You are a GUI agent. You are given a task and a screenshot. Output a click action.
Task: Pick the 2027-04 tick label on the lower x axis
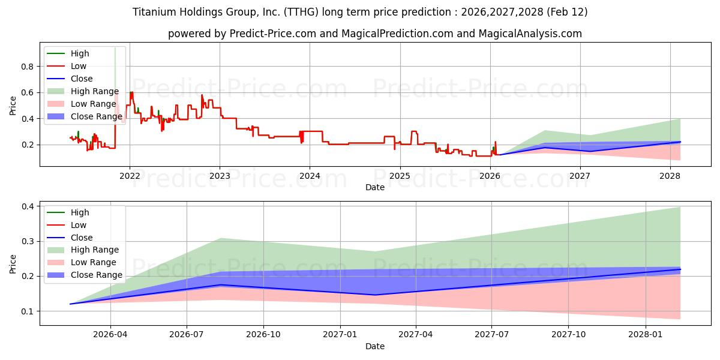(x=416, y=335)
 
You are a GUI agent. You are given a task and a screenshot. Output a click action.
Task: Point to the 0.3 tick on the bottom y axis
(x=28, y=241)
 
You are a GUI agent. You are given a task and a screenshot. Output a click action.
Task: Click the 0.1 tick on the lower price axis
(x=28, y=311)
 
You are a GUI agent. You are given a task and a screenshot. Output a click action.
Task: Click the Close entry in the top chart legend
(x=82, y=79)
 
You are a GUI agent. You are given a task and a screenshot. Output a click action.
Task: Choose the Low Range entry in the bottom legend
(x=94, y=262)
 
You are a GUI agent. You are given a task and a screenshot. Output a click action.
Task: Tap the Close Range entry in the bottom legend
(x=97, y=275)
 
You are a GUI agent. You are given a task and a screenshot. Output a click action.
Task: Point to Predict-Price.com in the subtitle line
(x=273, y=34)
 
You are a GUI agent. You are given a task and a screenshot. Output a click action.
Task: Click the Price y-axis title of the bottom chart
(x=13, y=263)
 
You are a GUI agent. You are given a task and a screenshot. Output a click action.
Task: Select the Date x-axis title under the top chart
(x=375, y=187)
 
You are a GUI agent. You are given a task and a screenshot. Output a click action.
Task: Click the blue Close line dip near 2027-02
(x=375, y=295)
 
